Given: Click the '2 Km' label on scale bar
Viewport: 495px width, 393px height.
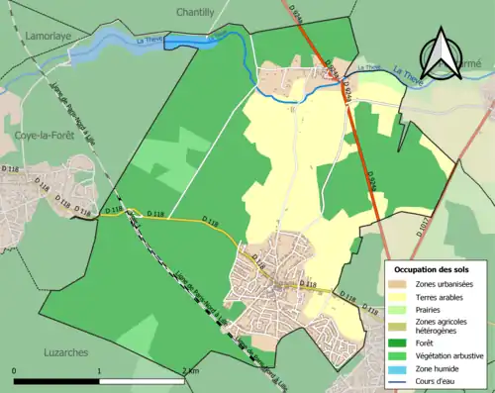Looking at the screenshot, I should pos(192,369).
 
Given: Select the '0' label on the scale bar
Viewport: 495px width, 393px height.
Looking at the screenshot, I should pos(15,369).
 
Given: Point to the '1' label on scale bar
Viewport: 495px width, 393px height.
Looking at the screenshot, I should pos(100,369).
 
